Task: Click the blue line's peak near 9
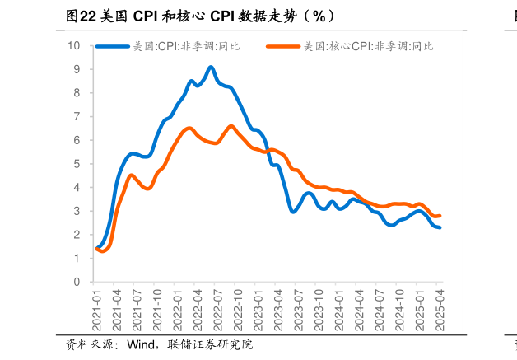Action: [x=211, y=68]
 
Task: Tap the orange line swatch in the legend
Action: [x=283, y=46]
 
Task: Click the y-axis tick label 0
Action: [x=77, y=282]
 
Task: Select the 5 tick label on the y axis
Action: [x=77, y=164]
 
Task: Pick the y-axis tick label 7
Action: [x=77, y=116]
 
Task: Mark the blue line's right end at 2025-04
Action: [x=440, y=227]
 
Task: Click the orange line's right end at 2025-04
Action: [x=440, y=216]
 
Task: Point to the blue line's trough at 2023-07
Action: [x=294, y=212]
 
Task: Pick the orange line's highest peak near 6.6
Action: [x=231, y=126]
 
